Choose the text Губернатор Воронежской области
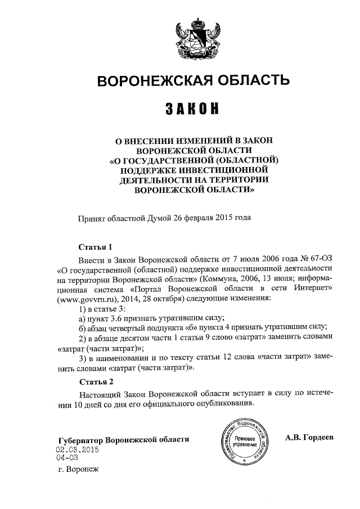coord(124,439)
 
